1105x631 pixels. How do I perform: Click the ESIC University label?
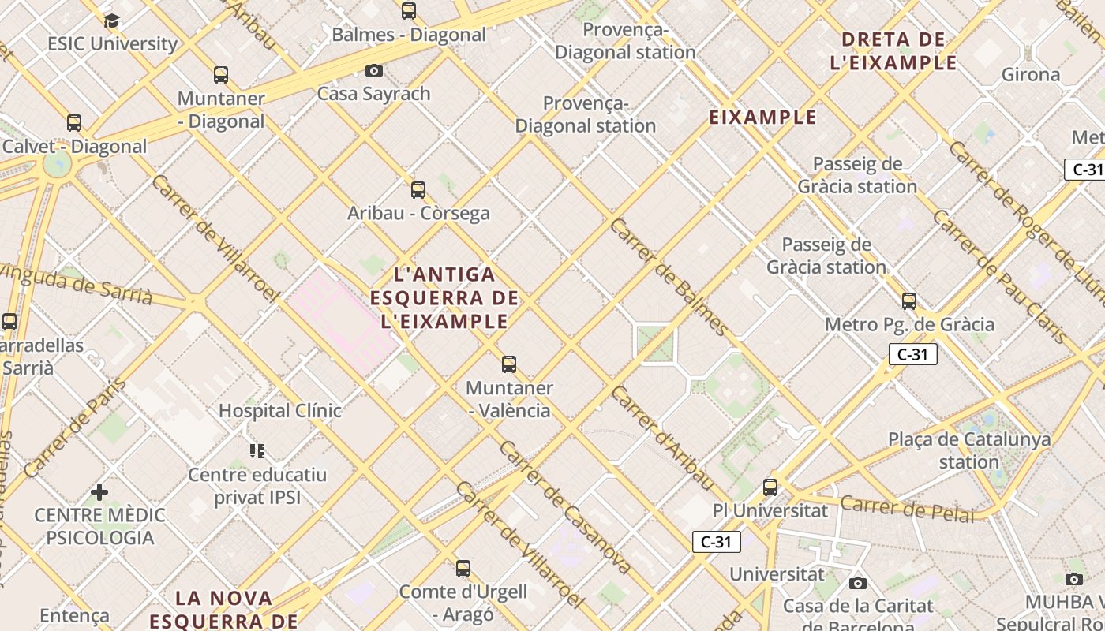112,43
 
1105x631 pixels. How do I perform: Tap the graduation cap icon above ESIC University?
111,21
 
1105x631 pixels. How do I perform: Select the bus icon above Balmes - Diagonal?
409,11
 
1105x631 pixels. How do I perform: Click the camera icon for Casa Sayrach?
374,70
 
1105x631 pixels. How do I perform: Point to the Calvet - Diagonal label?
74,146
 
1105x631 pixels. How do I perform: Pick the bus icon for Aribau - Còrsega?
418,190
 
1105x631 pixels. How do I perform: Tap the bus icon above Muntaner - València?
509,364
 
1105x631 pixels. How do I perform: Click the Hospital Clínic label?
279,410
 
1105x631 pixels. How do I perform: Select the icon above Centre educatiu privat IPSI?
257,451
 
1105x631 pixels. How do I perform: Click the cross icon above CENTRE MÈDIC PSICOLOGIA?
99,492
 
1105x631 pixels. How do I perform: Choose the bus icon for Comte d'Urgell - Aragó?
463,568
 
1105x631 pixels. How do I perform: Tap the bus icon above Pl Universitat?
770,487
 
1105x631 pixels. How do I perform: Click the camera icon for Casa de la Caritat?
858,584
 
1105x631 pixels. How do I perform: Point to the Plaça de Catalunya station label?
969,450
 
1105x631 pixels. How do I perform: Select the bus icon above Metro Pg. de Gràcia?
909,301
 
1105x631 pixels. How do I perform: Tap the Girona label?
1031,74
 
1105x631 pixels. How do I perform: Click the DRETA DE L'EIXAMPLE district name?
893,50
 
